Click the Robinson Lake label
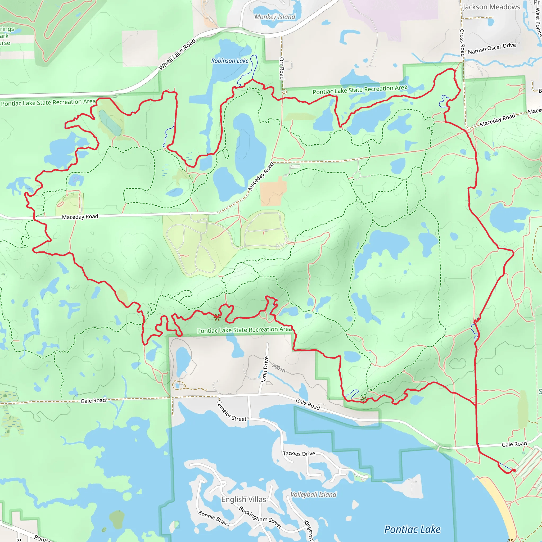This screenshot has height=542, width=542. [230, 61]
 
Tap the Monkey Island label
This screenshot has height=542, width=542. [275, 17]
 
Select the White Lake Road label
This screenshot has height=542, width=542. [177, 55]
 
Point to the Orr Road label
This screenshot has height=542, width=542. [282, 68]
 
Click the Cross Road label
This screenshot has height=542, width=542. [462, 43]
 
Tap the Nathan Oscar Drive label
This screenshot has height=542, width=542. [492, 48]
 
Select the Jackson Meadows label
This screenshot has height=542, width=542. [491, 7]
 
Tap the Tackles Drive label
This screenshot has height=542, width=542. [299, 454]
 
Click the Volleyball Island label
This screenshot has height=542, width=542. [313, 495]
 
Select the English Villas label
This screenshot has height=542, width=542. [243, 499]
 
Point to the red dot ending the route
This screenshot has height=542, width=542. [514, 471]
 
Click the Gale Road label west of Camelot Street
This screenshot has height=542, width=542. [93, 401]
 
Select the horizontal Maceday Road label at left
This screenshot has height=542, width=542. [80, 217]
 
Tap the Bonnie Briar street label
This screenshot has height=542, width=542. [213, 518]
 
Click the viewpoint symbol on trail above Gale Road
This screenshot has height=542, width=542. [363, 398]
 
